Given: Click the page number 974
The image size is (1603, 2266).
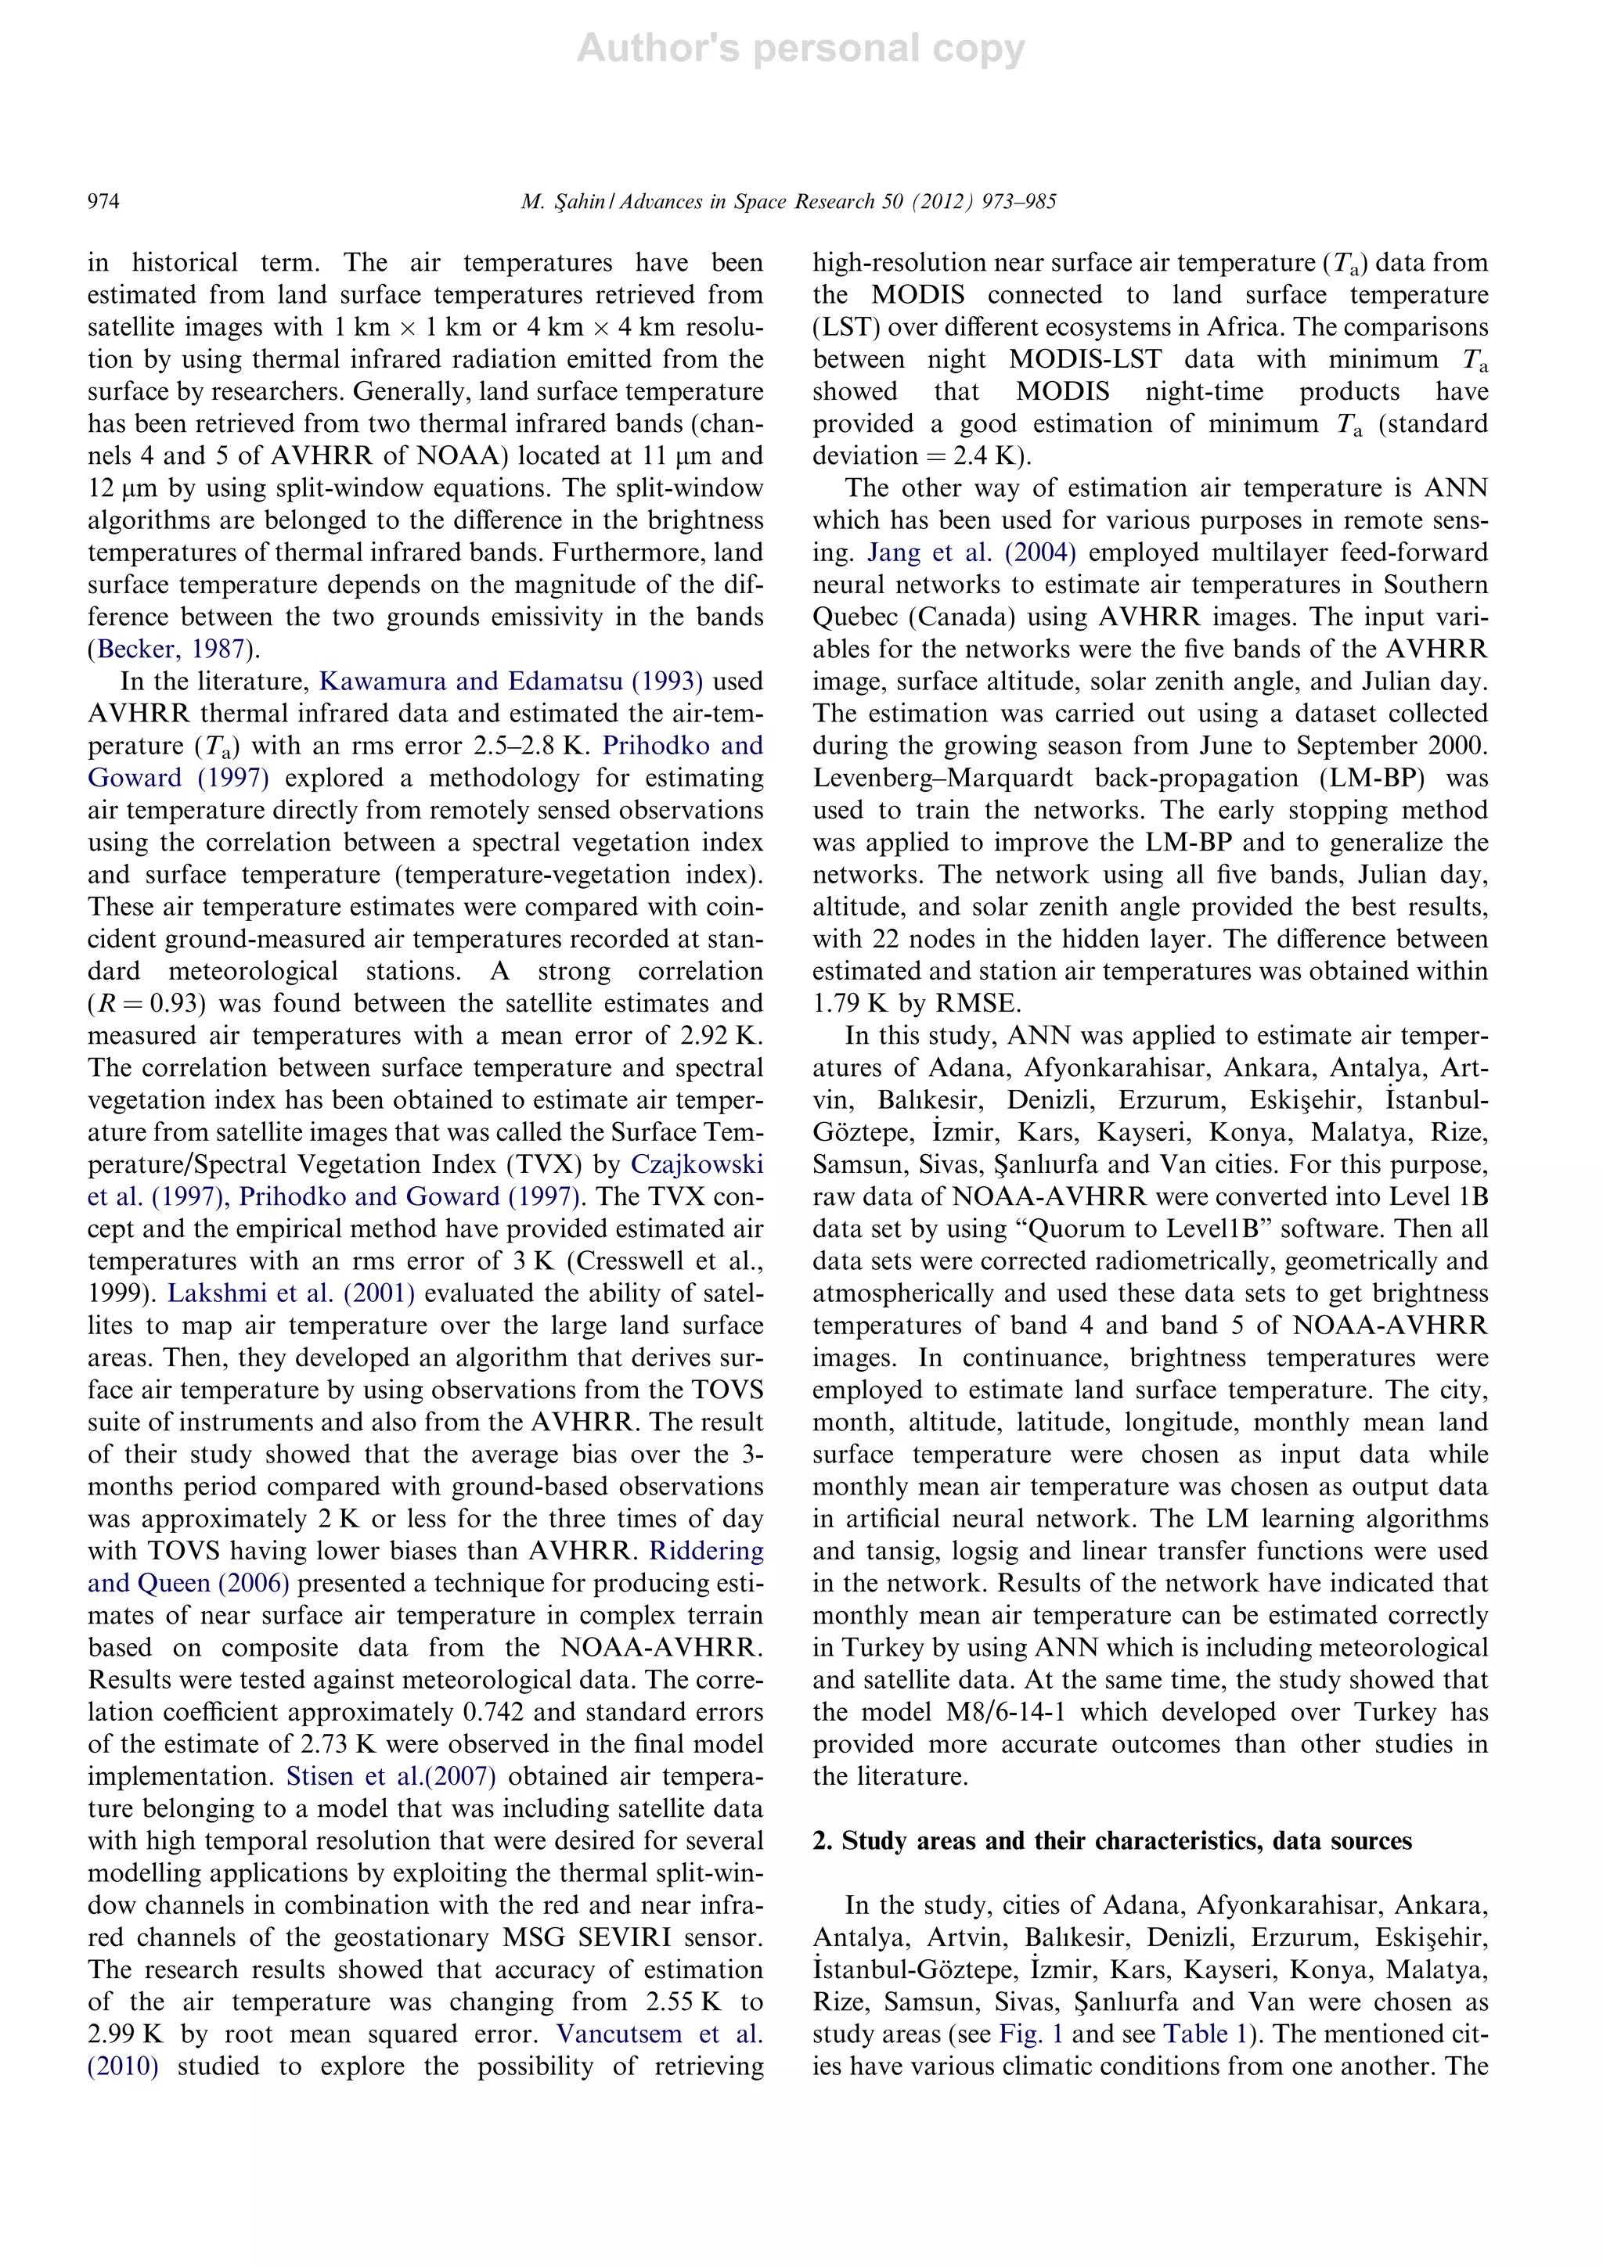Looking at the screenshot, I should tap(103, 203).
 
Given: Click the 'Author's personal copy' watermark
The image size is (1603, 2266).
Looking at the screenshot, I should tap(801, 49).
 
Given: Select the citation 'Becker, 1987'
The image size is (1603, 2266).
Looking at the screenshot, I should tap(171, 649).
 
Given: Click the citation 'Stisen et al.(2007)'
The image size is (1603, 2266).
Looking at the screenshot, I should tap(391, 1776).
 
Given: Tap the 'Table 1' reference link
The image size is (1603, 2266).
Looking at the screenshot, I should tap(1195, 2034).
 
